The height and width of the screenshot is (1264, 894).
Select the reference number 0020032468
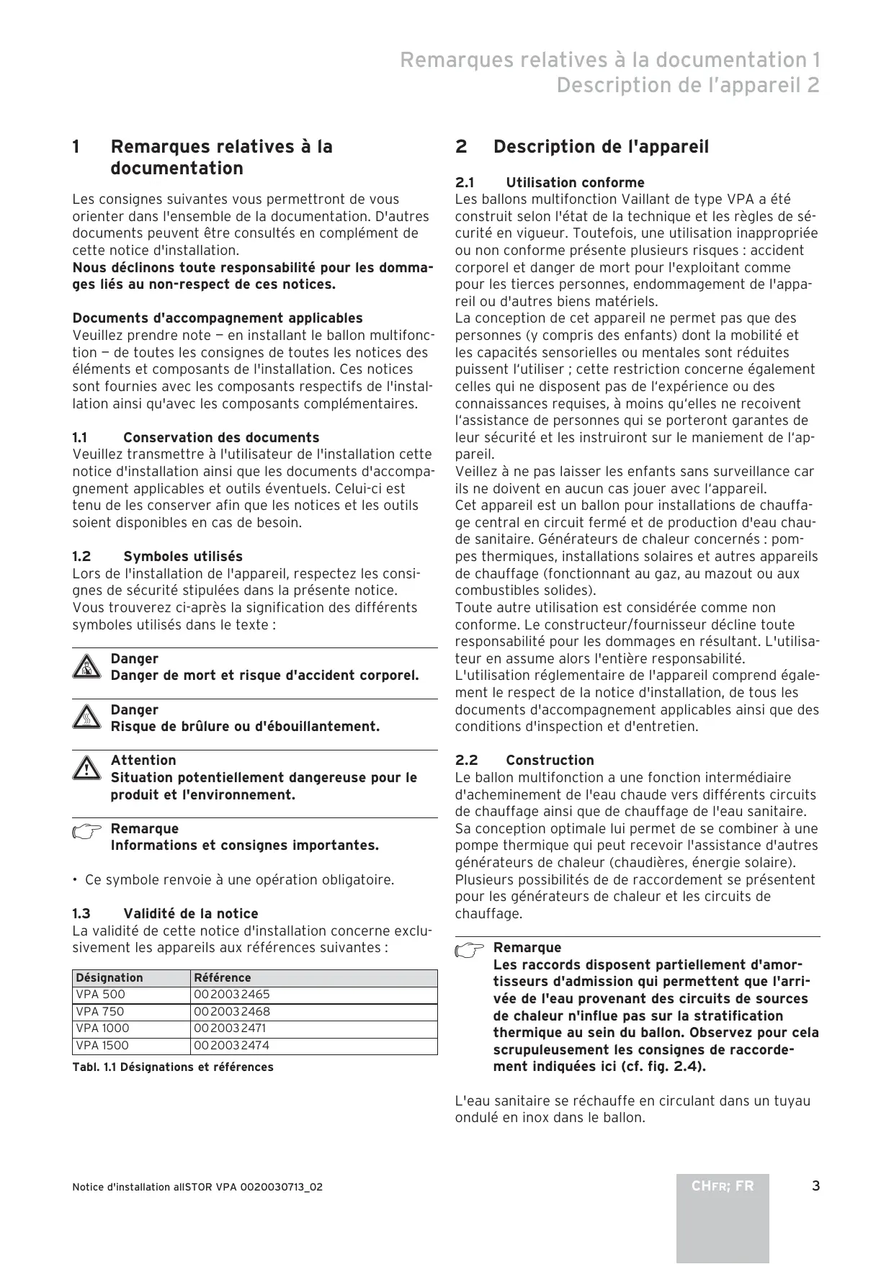231,1011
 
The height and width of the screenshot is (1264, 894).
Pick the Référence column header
223,977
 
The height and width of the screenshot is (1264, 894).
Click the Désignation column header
110,977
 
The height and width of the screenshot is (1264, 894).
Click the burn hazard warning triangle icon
86,718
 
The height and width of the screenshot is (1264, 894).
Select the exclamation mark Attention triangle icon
86,768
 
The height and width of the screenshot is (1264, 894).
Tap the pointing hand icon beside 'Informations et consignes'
87,833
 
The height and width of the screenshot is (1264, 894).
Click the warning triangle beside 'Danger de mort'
86,667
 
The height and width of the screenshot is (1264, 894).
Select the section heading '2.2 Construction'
524,760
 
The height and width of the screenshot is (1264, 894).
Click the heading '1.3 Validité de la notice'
165,913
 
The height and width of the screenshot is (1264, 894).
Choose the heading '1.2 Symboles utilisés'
157,556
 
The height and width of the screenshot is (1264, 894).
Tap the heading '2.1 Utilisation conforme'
550,182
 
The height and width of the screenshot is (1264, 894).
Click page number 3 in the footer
815,1186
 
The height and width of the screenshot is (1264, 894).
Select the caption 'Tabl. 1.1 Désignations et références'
173,1067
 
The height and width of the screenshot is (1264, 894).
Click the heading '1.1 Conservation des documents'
195,437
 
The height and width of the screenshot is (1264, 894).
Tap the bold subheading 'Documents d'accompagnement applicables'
218,318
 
